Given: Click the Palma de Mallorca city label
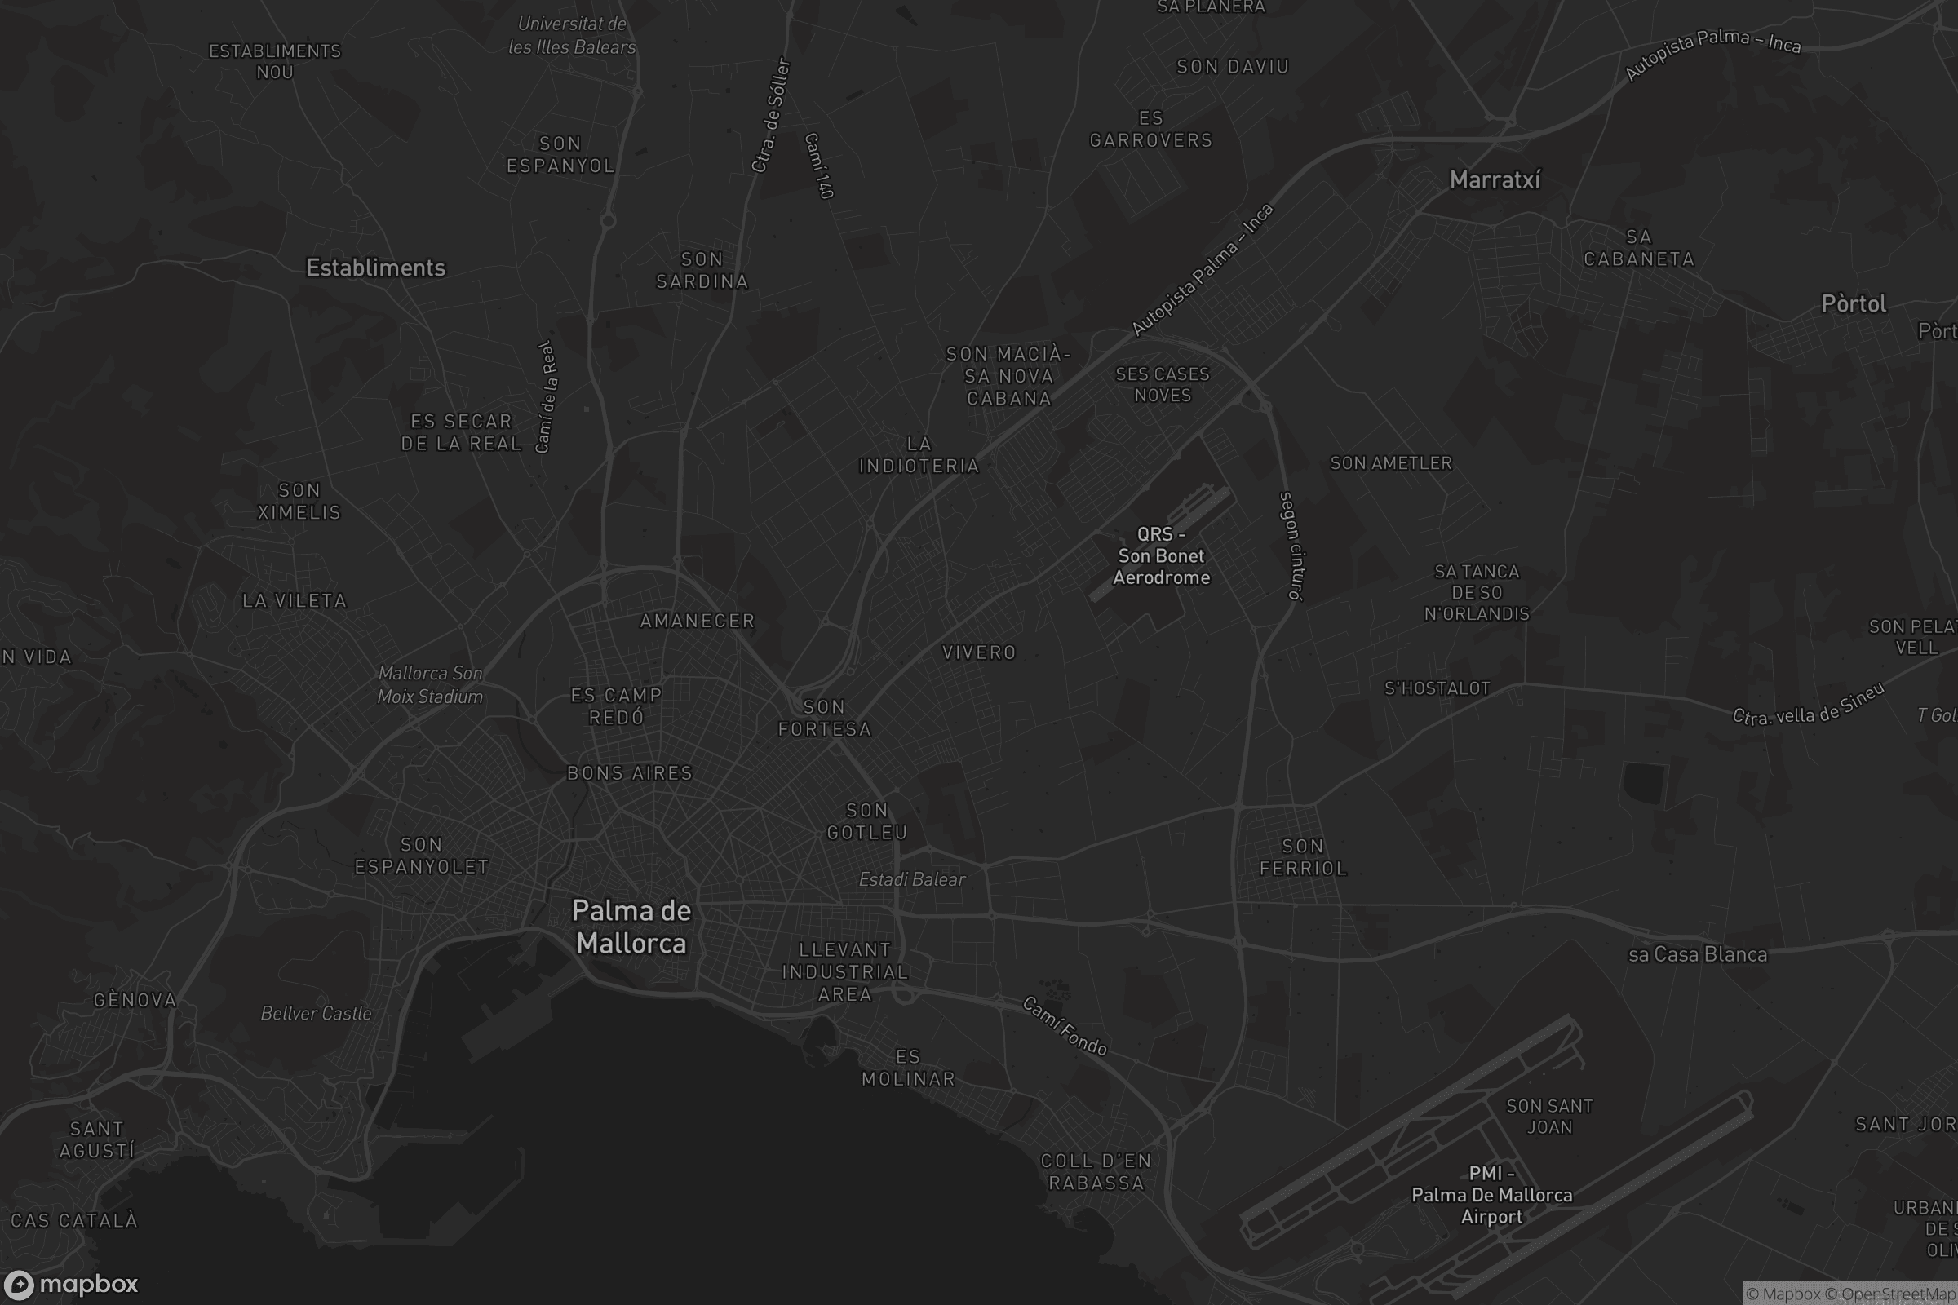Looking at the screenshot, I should pyautogui.click(x=631, y=927).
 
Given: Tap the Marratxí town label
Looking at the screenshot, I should pyautogui.click(x=1495, y=179).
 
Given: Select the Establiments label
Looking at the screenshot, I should pyautogui.click(x=375, y=268).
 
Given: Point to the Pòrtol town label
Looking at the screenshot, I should pyautogui.click(x=1853, y=303).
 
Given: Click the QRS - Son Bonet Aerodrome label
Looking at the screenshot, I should pyautogui.click(x=1161, y=556).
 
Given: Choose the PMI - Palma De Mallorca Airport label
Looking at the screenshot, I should pyautogui.click(x=1491, y=1195).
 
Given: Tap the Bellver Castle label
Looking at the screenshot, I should pyautogui.click(x=316, y=1014).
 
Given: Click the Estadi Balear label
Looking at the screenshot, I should pyautogui.click(x=911, y=880).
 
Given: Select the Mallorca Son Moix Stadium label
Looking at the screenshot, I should pyautogui.click(x=430, y=685).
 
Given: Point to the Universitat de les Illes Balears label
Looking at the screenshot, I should pyautogui.click(x=572, y=36).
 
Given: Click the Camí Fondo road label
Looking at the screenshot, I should pyautogui.click(x=1065, y=1026).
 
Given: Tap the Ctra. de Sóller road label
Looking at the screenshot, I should pyautogui.click(x=770, y=115).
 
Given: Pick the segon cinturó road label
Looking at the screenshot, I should pyautogui.click(x=1292, y=546).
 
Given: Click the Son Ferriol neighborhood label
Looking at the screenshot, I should pyautogui.click(x=1303, y=857).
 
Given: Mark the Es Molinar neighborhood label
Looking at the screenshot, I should pyautogui.click(x=908, y=1068).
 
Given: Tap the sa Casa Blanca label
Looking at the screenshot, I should pyautogui.click(x=1698, y=954).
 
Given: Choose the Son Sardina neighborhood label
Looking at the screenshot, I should pyautogui.click(x=702, y=271).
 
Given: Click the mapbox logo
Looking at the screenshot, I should pyautogui.click(x=70, y=1284).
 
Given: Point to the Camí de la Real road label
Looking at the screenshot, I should pyautogui.click(x=546, y=397).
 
